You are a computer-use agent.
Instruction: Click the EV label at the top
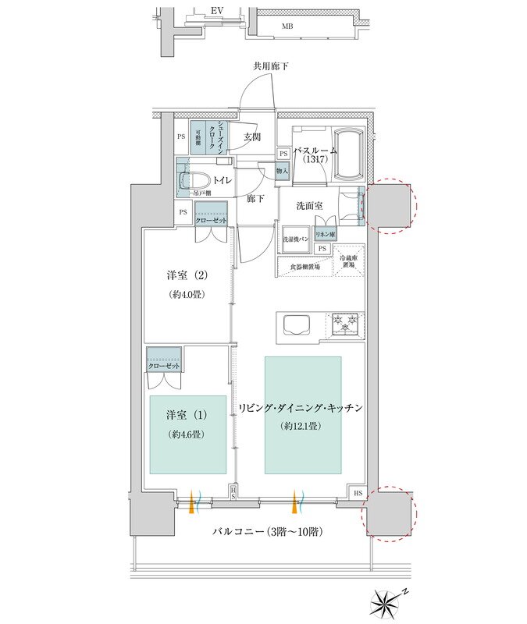218,12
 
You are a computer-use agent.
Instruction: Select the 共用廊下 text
270,66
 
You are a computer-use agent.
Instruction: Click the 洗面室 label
310,206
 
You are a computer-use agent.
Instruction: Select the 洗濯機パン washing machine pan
297,238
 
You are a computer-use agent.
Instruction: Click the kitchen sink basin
298,323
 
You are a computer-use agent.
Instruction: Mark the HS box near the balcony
357,493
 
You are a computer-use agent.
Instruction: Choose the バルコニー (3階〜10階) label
268,532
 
